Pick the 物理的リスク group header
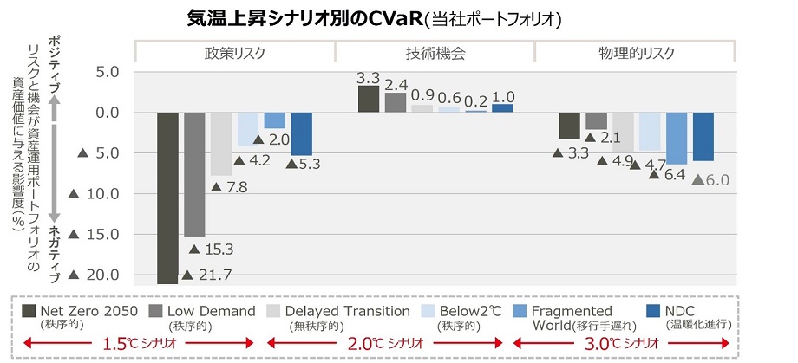[x=636, y=53]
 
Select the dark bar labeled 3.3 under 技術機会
[x=368, y=99]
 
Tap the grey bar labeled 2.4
[x=396, y=102]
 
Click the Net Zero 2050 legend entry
[x=76, y=311]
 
